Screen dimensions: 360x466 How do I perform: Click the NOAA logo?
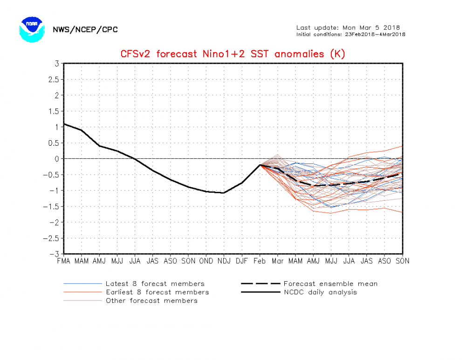[31, 29]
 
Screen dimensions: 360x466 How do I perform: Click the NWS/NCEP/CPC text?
[85, 30]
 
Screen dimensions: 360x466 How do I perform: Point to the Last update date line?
[348, 27]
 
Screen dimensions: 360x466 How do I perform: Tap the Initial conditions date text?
[351, 34]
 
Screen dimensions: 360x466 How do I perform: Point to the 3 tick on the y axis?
[56, 63]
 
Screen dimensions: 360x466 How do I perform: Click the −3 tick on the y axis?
[54, 254]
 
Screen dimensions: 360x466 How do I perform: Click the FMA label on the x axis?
[64, 261]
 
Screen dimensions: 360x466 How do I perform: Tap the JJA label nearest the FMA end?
[135, 261]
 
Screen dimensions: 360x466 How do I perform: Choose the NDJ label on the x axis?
[224, 261]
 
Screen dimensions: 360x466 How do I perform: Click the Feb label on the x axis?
[260, 261]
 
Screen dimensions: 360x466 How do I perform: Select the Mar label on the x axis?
[277, 261]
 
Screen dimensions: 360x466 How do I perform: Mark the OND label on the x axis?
[206, 261]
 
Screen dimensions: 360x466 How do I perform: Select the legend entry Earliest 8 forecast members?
[157, 292]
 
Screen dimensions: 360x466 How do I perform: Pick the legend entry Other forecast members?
[151, 300]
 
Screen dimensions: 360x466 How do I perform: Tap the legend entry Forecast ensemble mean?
[330, 284]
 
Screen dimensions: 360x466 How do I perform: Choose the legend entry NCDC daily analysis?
[320, 292]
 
